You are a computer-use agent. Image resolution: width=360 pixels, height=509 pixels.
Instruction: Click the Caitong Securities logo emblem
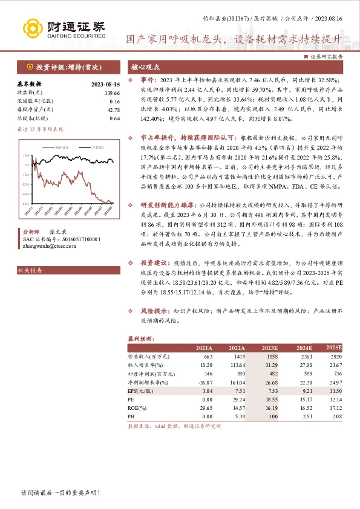tap(33, 28)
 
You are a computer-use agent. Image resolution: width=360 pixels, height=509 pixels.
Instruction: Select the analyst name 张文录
tap(58, 232)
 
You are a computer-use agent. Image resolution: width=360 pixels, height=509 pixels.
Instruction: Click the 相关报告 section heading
tap(30, 271)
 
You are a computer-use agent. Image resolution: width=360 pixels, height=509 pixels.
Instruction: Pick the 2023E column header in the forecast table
tap(269, 348)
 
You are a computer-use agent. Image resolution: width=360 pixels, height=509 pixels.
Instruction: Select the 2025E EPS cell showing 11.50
tap(335, 392)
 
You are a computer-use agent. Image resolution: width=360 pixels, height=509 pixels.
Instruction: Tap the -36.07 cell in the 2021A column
tap(205, 383)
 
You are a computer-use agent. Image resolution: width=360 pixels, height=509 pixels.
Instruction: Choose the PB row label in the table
tap(131, 417)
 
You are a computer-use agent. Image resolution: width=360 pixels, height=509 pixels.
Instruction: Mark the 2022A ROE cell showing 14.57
tap(237, 409)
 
